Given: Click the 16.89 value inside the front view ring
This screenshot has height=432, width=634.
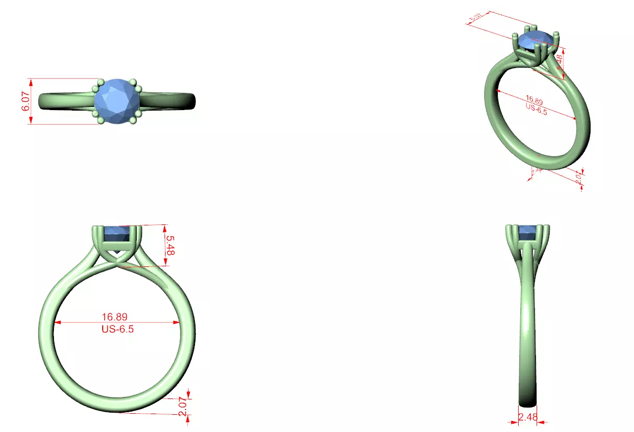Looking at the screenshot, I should tap(115, 317).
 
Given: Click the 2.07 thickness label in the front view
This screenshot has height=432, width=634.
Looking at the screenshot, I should tap(182, 406).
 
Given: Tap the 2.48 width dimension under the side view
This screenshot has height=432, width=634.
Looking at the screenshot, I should tap(528, 417).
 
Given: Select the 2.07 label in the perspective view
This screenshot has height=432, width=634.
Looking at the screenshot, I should tap(578, 178).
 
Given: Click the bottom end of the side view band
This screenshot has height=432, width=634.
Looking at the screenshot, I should tap(528, 404).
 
